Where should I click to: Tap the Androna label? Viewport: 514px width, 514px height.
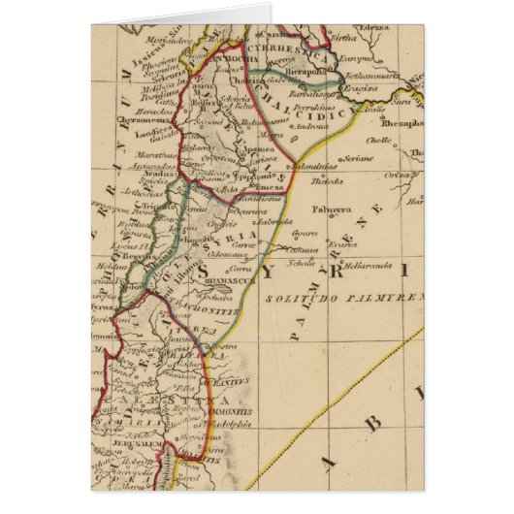click(310, 126)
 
